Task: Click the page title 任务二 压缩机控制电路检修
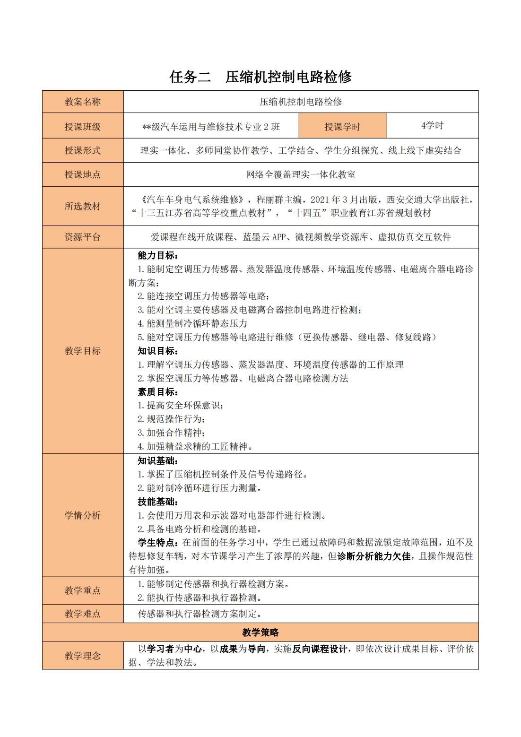(260, 77)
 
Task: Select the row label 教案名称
(83, 102)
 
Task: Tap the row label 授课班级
(83, 126)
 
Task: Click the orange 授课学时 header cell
(343, 126)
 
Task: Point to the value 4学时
(432, 125)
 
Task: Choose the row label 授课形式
(83, 150)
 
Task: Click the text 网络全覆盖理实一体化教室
(301, 174)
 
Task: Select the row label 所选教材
(83, 206)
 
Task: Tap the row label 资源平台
(83, 237)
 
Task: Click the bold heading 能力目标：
(158, 256)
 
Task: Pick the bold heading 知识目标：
(158, 351)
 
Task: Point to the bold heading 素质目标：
(158, 391)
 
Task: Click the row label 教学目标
(83, 351)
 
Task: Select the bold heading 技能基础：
(158, 502)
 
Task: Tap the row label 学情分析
(83, 515)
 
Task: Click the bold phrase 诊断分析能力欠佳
(373, 556)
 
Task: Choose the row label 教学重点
(83, 590)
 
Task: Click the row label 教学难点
(83, 614)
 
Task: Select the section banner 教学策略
(260, 633)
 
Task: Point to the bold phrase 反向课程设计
(320, 649)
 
